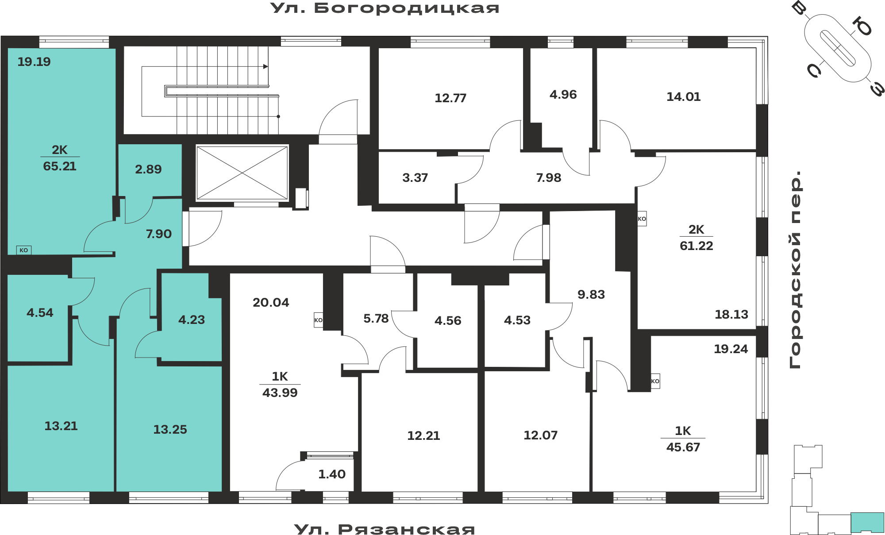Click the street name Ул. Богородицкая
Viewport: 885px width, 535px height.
tap(385, 8)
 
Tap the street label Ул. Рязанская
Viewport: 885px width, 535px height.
tap(385, 529)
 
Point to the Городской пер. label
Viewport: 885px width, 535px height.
tap(795, 269)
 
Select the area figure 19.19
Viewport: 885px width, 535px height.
tap(34, 62)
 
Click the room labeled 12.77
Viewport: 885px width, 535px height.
tap(450, 98)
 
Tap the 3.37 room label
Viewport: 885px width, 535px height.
tap(415, 178)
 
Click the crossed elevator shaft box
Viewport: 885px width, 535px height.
tap(242, 173)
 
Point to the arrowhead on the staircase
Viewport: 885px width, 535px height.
tap(265, 66)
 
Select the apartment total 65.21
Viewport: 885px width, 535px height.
tap(60, 166)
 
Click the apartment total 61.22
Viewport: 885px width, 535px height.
tap(696, 246)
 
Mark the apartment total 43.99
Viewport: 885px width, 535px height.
tap(280, 393)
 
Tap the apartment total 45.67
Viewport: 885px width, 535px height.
tap(683, 447)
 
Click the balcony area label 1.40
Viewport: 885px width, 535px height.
tap(332, 474)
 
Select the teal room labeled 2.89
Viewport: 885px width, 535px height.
tap(150, 170)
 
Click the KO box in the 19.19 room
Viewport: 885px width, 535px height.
tap(24, 250)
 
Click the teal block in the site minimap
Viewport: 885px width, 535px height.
tap(867, 522)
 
